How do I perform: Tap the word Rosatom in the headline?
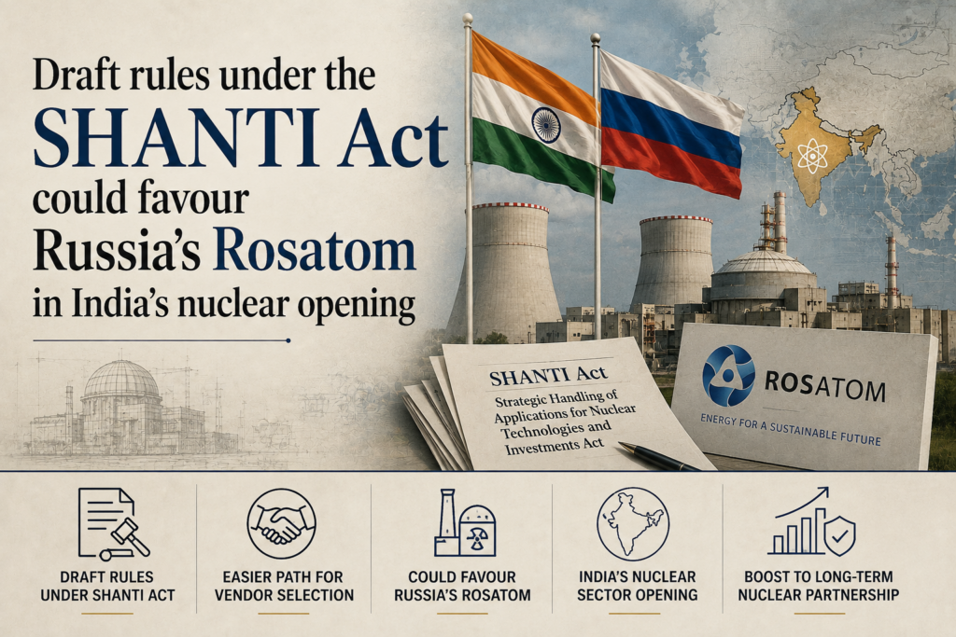[315, 250]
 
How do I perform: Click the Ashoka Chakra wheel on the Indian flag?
[545, 125]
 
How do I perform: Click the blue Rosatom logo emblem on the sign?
[728, 375]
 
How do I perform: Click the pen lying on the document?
[658, 457]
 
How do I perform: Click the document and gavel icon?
[113, 524]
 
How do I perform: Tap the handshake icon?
[281, 524]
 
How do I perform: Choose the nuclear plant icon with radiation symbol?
[465, 523]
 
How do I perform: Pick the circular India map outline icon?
[633, 524]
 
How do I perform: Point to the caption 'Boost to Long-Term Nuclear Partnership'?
[818, 586]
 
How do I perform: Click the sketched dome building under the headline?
[122, 405]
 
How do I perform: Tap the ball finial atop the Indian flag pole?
[468, 20]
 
